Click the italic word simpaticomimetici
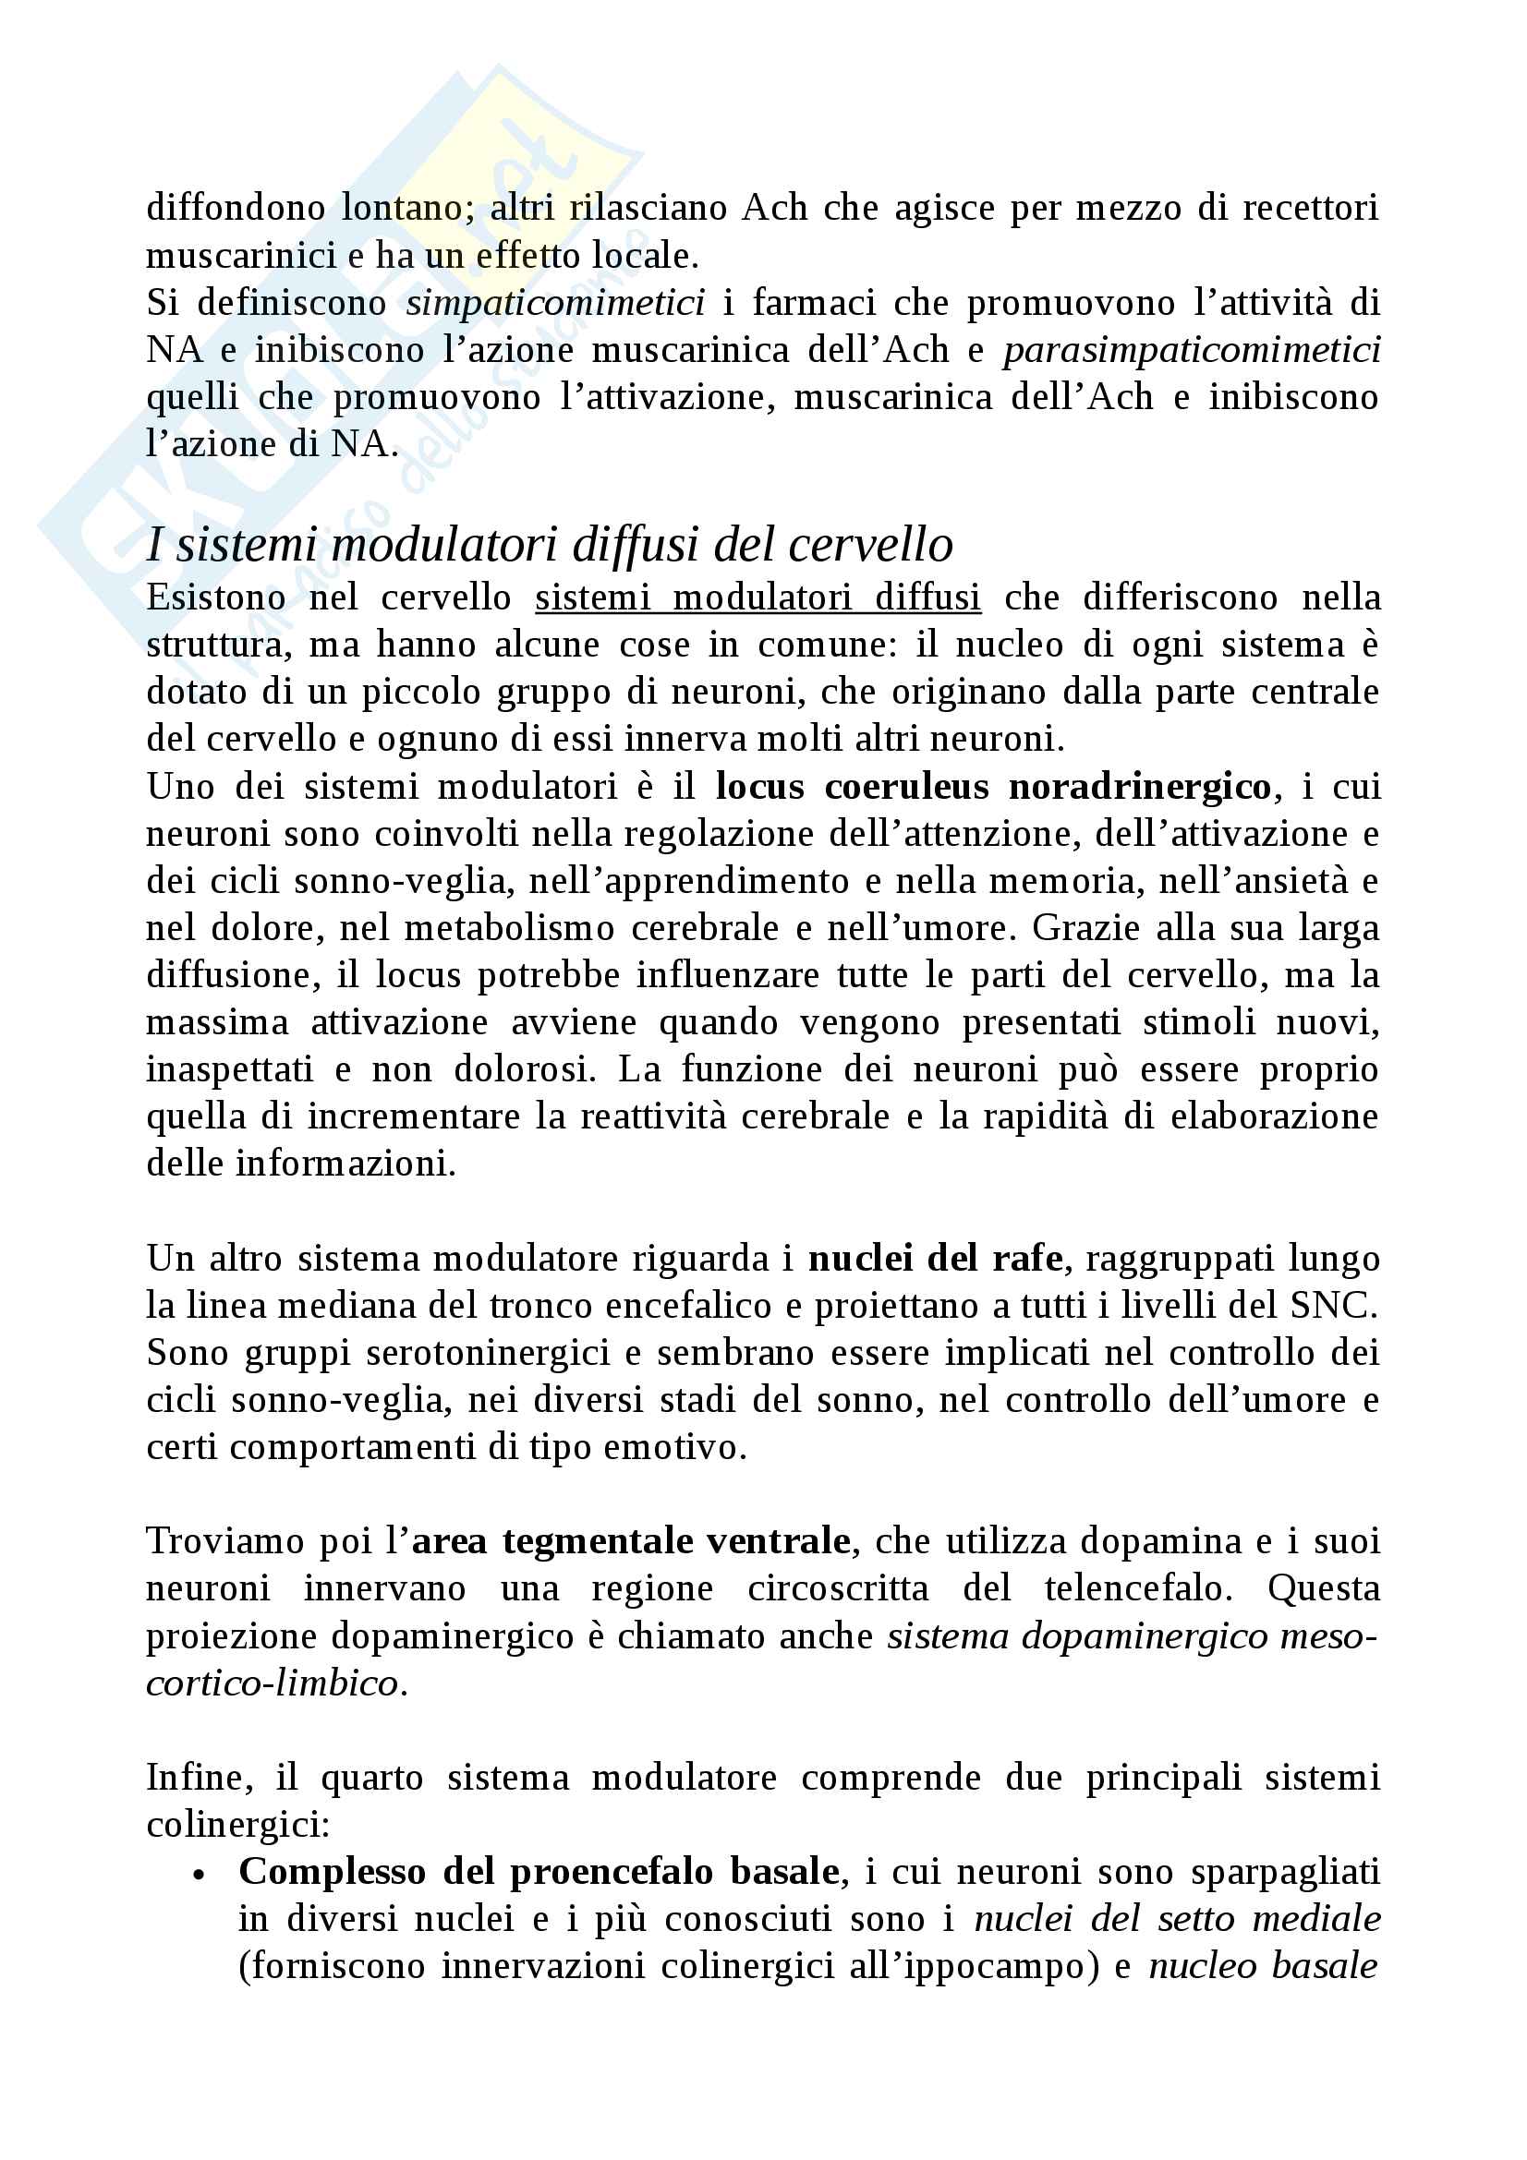tap(555, 303)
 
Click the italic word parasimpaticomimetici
tap(1191, 350)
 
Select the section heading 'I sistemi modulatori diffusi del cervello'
tap(550, 545)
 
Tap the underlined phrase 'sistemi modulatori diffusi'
tap(757, 597)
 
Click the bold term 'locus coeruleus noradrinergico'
tap(993, 787)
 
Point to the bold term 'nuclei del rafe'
tap(934, 1258)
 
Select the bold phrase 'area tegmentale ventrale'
tap(630, 1541)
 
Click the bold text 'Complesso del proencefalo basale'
tap(539, 1871)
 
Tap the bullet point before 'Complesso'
tap(198, 1875)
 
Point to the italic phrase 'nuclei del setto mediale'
tap(1177, 1918)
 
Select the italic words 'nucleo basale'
tap(1263, 1965)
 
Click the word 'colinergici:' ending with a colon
tap(238, 1825)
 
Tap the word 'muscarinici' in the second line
tap(241, 256)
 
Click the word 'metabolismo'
tap(509, 928)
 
